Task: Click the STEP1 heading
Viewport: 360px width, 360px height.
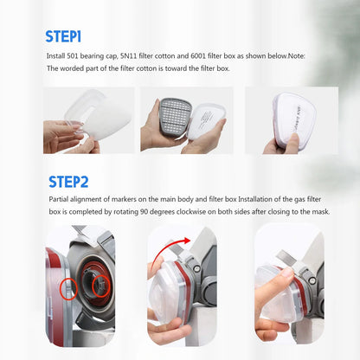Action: click(63, 36)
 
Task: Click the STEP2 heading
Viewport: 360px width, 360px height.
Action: click(68, 182)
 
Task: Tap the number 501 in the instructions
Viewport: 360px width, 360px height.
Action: click(73, 56)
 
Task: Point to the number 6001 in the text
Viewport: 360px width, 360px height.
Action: click(198, 56)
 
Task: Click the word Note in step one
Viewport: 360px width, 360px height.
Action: click(296, 56)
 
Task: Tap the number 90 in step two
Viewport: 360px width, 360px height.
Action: click(145, 212)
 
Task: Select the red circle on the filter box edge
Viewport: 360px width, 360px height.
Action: click(68, 289)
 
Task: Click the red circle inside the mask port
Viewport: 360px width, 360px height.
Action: click(101, 286)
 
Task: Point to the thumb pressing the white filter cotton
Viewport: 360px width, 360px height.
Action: click(293, 141)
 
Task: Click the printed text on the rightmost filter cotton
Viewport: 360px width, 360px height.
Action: click(300, 119)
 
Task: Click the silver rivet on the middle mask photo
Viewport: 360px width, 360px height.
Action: click(197, 268)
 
